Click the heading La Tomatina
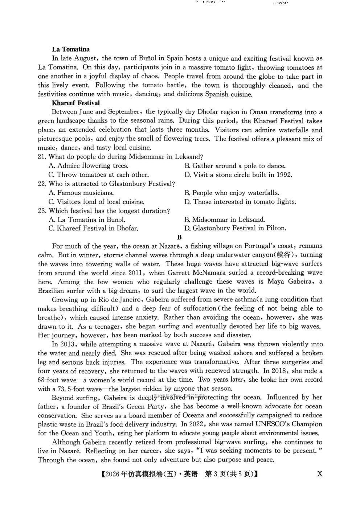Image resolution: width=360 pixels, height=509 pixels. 71,49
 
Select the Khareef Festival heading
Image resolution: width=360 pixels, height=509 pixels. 76,103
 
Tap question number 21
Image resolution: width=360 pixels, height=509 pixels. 42,157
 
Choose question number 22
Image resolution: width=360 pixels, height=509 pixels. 42,184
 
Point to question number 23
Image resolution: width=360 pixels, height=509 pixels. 42,211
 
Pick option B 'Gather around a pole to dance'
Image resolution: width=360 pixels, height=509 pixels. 235,166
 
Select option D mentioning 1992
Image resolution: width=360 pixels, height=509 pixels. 238,175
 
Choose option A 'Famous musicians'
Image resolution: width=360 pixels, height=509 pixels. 81,193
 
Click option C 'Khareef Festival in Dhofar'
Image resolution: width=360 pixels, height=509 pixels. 93,229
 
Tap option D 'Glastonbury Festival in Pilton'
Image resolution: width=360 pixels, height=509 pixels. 235,229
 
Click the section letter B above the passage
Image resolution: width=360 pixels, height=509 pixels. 179,238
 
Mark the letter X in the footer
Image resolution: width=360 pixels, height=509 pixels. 320,474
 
